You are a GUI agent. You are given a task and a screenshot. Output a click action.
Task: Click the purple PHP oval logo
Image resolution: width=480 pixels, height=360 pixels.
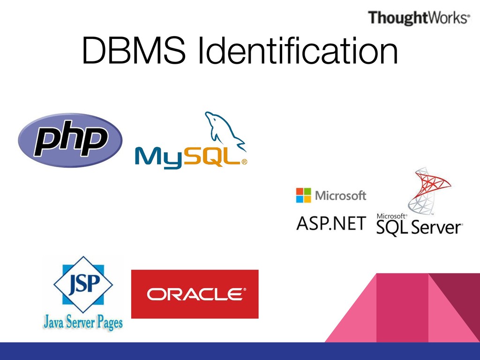[x=70, y=140]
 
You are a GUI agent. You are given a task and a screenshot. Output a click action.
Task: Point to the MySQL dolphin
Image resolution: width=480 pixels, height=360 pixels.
[x=223, y=131]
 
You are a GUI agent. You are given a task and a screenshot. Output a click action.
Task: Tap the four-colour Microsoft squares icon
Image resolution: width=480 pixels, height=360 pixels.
[x=303, y=195]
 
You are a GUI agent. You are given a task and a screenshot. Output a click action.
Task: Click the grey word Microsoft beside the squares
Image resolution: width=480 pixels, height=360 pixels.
[x=341, y=195]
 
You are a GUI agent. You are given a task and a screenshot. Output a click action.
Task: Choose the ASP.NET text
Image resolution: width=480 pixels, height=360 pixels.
[x=331, y=223]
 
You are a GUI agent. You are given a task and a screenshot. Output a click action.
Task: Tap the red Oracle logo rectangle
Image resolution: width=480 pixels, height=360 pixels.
[x=195, y=294]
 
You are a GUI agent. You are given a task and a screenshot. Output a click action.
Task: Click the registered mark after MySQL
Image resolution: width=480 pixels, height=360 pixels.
[x=244, y=163]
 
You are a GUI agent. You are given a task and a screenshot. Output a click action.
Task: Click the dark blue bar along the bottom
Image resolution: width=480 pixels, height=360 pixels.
[x=240, y=351]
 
